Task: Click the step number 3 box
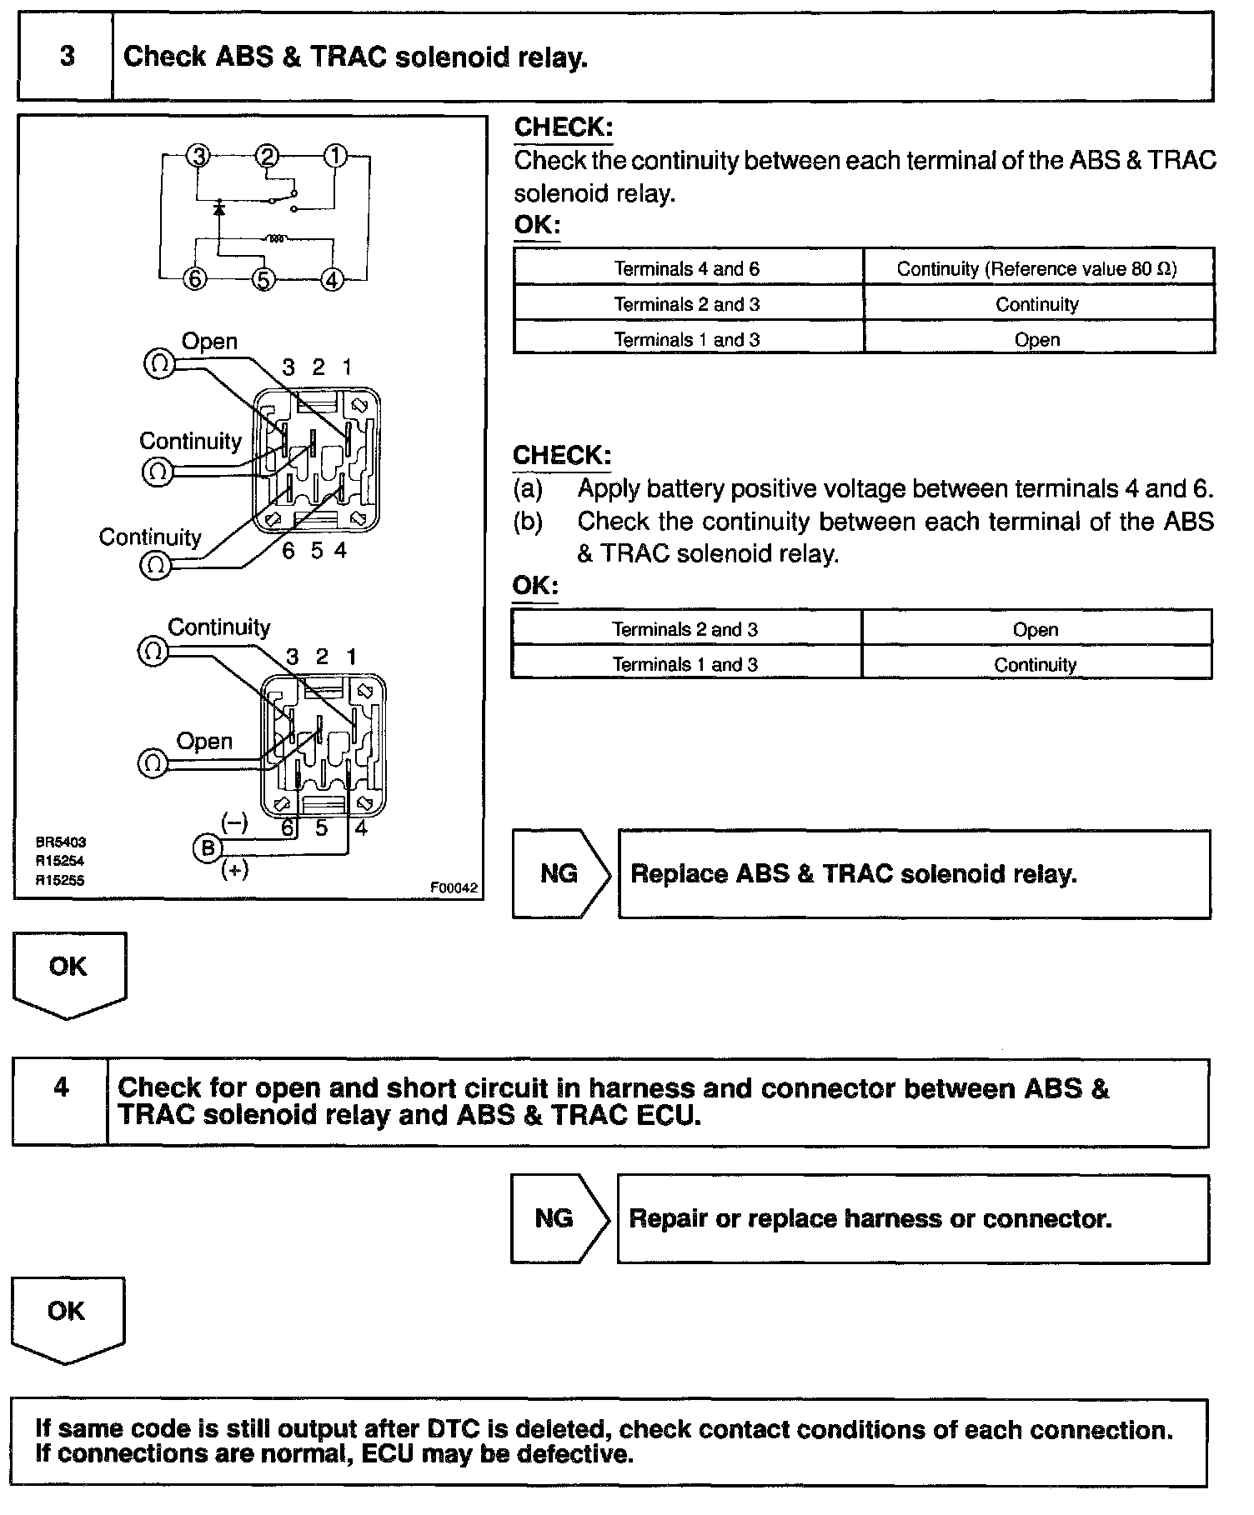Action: point(66,57)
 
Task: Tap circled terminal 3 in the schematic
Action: point(198,156)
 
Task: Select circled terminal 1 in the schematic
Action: point(335,156)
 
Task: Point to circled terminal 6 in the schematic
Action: point(194,279)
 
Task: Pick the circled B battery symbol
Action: point(207,847)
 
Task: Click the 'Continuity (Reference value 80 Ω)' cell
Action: point(1037,268)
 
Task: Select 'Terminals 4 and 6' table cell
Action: point(687,268)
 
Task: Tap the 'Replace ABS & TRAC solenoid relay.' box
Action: point(914,874)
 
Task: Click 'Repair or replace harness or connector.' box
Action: point(912,1219)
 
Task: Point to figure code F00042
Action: point(454,888)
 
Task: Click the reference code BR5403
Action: point(60,842)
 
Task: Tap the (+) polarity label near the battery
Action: point(234,871)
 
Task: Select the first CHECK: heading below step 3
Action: point(563,127)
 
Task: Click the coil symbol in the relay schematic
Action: point(276,240)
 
